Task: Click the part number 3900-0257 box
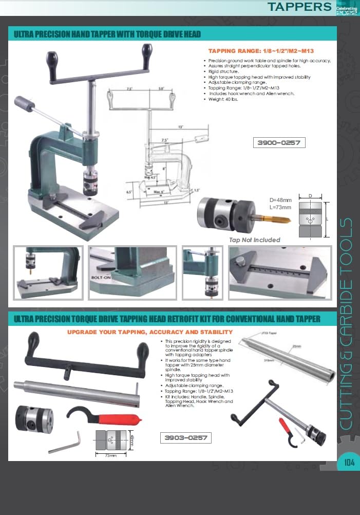click(279, 143)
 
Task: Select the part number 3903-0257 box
click(185, 438)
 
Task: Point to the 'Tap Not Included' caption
click(255, 240)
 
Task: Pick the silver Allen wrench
click(67, 443)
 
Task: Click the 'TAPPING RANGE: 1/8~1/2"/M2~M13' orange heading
click(261, 51)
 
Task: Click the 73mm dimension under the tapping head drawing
click(109, 455)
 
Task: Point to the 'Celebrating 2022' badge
click(346, 9)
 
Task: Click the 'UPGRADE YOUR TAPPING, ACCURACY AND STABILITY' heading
click(150, 332)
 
